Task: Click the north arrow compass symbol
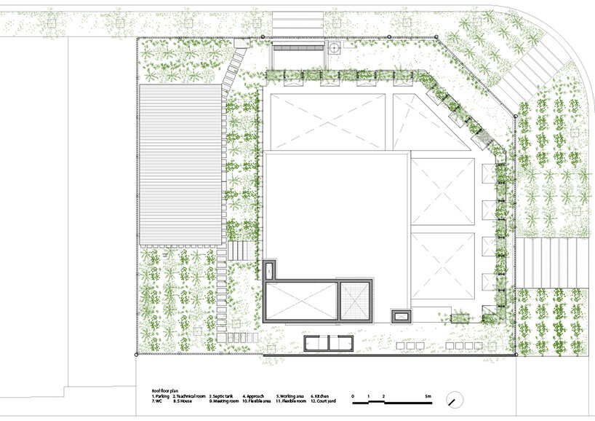click(455, 400)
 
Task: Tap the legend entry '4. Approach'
click(254, 396)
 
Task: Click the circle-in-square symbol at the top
click(334, 49)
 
